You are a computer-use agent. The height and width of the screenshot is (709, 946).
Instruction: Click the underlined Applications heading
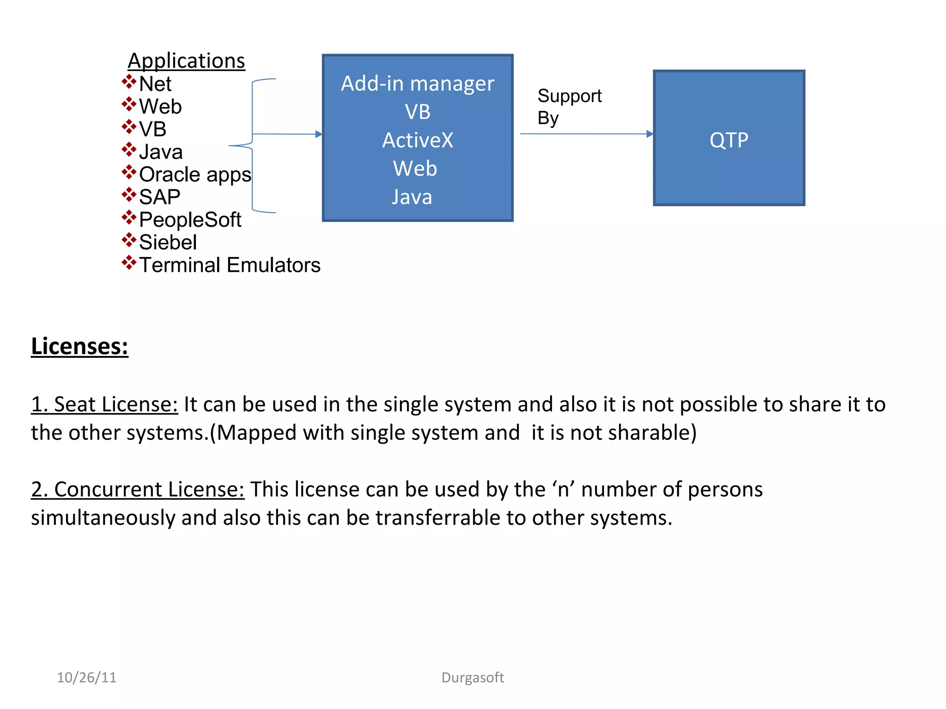click(x=186, y=61)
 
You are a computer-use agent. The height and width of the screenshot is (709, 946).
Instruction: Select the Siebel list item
click(x=168, y=242)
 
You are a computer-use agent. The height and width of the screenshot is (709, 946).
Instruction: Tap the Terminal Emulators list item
click(x=230, y=265)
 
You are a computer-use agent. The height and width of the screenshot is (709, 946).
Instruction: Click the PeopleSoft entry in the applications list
click(x=190, y=220)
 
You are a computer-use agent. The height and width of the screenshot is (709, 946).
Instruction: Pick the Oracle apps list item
click(x=195, y=174)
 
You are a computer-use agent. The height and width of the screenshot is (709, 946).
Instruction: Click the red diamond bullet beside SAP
click(x=129, y=195)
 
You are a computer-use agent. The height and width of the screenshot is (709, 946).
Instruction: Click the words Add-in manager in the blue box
click(x=418, y=84)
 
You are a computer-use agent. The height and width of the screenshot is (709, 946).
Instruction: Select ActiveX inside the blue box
click(x=418, y=140)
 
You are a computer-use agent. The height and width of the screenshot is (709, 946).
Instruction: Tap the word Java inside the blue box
click(x=412, y=197)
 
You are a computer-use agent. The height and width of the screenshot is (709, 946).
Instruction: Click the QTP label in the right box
click(x=729, y=140)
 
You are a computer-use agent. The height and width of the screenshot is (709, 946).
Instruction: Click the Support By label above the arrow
click(x=569, y=107)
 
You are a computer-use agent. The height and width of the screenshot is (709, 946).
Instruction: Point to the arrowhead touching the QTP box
click(x=650, y=134)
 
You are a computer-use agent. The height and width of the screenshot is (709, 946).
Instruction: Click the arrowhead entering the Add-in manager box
click(x=319, y=134)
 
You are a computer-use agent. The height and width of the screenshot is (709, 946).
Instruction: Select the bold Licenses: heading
click(x=79, y=346)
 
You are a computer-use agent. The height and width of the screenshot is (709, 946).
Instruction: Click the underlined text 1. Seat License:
click(x=104, y=404)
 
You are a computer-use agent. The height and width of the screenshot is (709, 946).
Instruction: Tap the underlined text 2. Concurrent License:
click(x=138, y=489)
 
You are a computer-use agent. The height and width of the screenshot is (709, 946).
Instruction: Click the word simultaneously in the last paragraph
click(x=103, y=518)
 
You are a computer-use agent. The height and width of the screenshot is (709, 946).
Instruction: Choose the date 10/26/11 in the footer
click(x=86, y=677)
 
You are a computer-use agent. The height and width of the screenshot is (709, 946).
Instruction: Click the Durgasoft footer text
click(x=473, y=677)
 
